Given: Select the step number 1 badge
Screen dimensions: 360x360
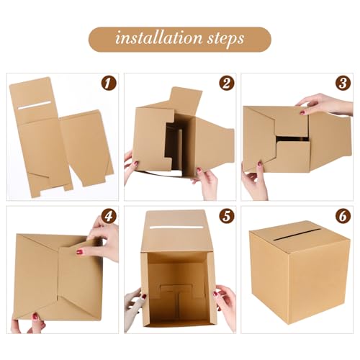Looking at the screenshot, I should tap(107, 84).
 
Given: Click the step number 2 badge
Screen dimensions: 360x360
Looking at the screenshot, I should tap(226, 83).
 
